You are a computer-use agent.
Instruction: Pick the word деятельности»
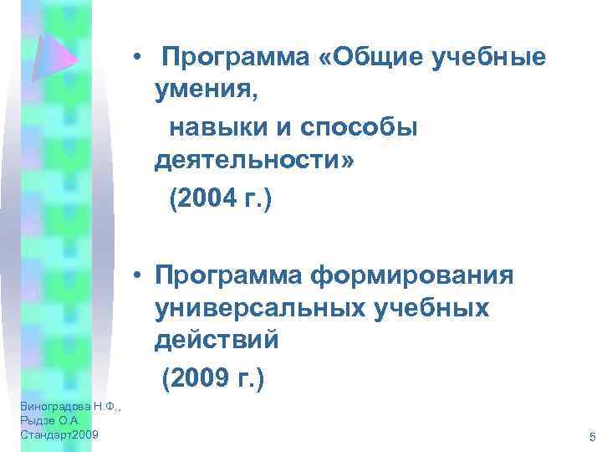tap(253, 163)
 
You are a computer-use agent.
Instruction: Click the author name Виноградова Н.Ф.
tap(61, 407)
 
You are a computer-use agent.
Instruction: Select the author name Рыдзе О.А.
tap(48, 421)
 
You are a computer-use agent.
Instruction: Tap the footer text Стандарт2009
tap(58, 435)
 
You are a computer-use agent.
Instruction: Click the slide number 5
tap(591, 437)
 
